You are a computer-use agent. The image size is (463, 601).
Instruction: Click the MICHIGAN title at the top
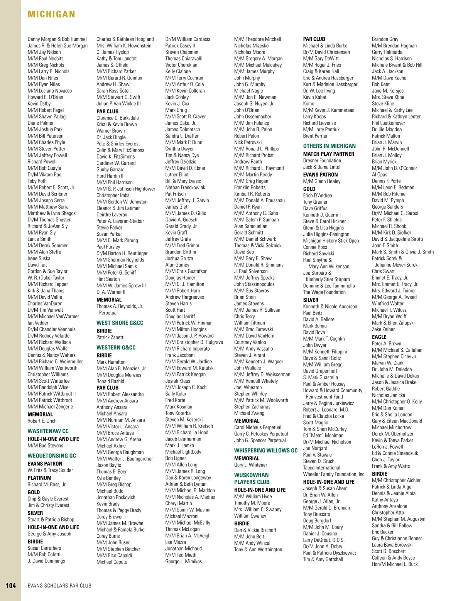[x=51, y=15]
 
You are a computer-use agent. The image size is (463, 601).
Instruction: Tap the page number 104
[x=11, y=585]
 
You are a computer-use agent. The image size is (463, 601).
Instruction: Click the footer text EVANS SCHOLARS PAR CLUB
[x=59, y=586]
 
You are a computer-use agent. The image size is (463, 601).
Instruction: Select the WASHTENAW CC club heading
[x=48, y=431]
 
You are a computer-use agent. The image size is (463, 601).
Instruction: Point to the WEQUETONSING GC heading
[x=52, y=456]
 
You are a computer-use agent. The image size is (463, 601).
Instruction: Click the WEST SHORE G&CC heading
[x=120, y=323]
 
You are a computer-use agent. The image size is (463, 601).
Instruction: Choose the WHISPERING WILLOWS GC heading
[x=266, y=451]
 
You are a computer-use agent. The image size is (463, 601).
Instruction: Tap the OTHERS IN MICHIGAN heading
[x=330, y=146]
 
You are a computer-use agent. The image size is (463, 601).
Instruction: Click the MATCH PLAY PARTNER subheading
[x=328, y=154]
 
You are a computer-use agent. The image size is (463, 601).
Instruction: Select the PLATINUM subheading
[x=39, y=478]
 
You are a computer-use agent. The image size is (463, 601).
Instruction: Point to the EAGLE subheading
[x=379, y=337]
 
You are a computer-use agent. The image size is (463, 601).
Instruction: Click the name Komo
[x=309, y=104]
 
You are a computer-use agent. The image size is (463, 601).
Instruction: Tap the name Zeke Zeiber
[x=383, y=329]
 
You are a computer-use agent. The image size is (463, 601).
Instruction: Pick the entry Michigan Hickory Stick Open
[x=331, y=241]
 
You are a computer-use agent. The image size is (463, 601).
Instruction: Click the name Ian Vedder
[x=38, y=323]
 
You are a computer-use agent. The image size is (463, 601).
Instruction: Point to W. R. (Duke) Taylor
[x=46, y=278]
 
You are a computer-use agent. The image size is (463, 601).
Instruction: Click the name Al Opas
[x=379, y=174]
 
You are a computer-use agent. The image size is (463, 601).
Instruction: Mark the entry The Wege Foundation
[x=324, y=292]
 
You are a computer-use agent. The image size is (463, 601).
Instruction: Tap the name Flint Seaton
[x=108, y=279]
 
